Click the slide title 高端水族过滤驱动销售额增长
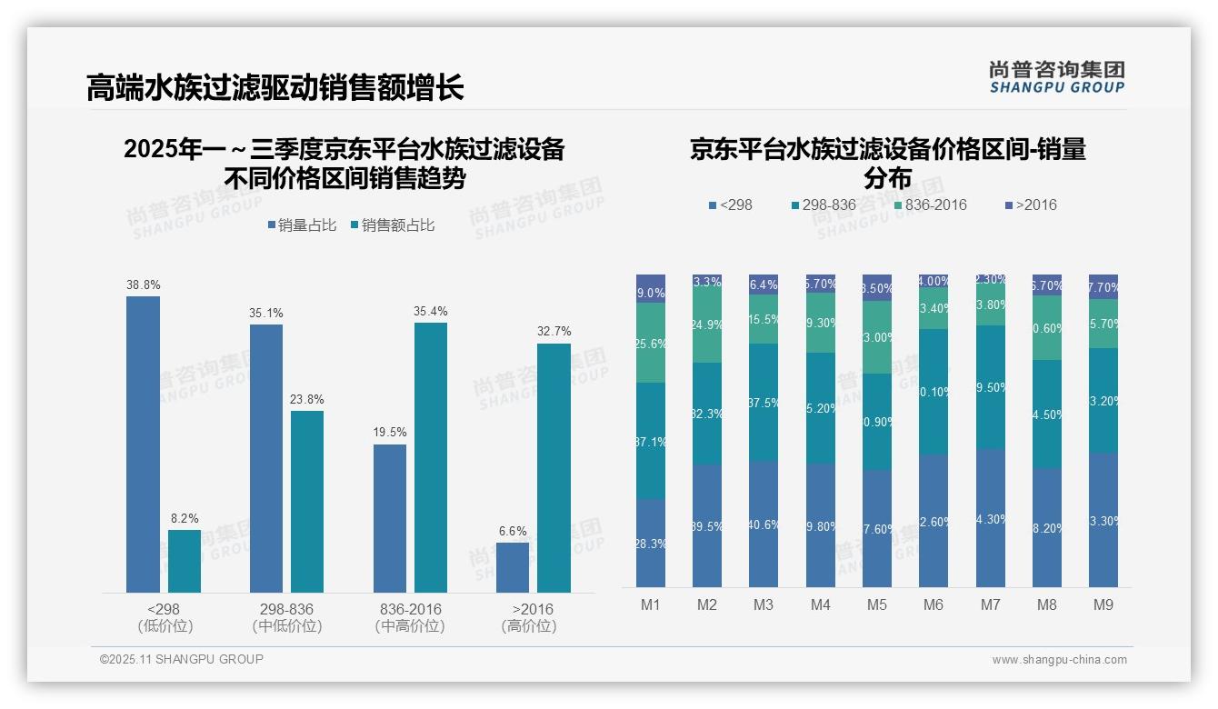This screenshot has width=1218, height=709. point(275,88)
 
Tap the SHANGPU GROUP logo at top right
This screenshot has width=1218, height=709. point(1056,77)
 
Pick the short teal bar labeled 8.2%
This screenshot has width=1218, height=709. point(185,561)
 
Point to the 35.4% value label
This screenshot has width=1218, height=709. point(431,312)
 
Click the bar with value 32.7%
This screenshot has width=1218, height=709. point(554,467)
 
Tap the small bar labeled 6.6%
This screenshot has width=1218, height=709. point(513,567)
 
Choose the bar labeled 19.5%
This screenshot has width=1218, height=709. point(390,518)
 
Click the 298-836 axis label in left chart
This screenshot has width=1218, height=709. point(286,609)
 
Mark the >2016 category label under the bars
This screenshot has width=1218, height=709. point(532,609)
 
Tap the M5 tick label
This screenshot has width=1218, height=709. point(876,604)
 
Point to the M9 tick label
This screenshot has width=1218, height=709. point(1103,604)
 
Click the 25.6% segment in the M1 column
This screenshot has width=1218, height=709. point(651,343)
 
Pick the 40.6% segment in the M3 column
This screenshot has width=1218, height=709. point(764,524)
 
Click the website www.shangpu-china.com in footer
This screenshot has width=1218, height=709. point(1059,660)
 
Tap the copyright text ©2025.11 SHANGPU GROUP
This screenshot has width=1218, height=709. point(182,659)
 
